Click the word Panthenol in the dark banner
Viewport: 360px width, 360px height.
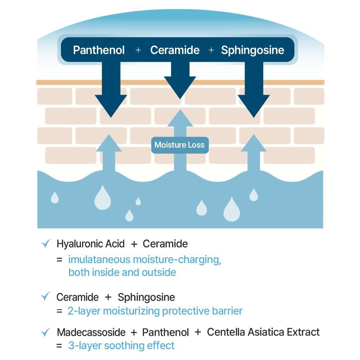(x=99, y=50)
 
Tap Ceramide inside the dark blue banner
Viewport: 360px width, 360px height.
(x=175, y=50)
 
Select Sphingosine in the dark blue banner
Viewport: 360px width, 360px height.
(x=252, y=50)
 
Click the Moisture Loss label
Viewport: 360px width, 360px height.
(x=179, y=145)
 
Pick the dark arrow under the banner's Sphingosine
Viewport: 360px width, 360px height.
(x=254, y=94)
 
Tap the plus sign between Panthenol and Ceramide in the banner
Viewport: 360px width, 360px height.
(x=138, y=50)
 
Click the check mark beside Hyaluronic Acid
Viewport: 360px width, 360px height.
(x=46, y=244)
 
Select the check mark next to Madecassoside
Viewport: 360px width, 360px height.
(x=46, y=332)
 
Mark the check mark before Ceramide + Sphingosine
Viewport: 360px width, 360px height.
(x=46, y=297)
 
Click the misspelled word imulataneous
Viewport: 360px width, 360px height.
(x=99, y=260)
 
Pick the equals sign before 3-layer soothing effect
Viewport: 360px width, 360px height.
(x=59, y=346)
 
